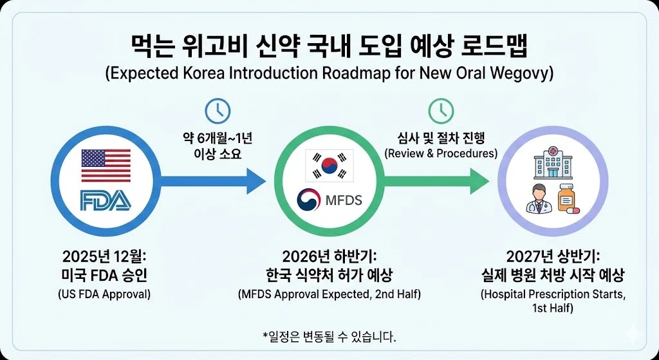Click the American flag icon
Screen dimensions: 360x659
106,165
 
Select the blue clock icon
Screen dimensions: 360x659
218,111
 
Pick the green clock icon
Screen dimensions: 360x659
441,111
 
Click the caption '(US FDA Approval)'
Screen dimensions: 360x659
106,295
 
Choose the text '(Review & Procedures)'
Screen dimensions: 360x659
441,153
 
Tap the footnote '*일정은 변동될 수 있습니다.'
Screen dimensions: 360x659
329,337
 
